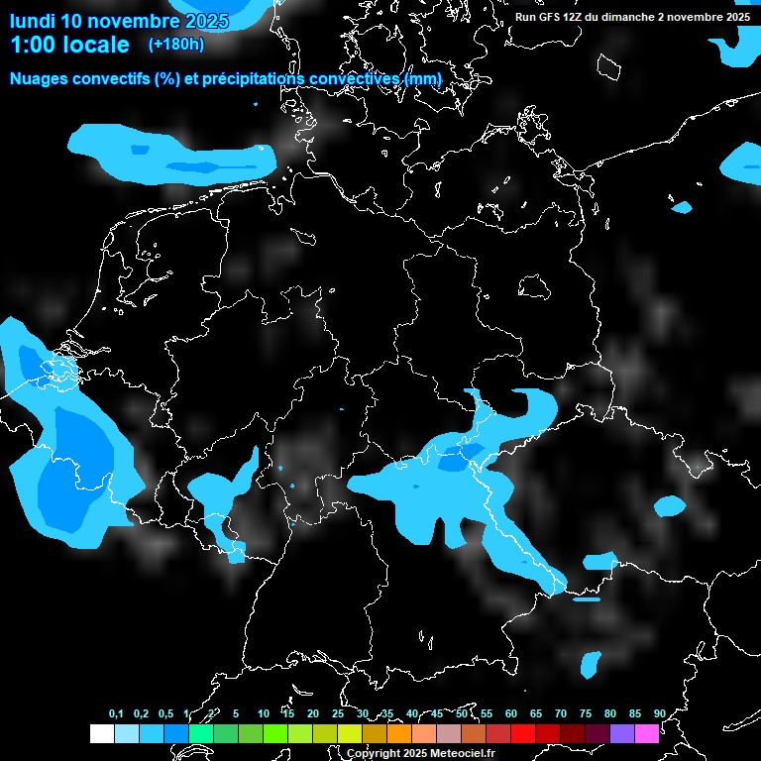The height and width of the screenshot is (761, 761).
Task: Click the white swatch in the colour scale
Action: (x=101, y=733)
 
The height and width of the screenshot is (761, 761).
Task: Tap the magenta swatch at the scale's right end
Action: (x=646, y=733)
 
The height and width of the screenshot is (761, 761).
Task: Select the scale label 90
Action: (x=660, y=713)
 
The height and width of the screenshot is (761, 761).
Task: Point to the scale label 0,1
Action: (x=116, y=713)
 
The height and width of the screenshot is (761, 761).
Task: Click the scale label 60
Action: (x=511, y=713)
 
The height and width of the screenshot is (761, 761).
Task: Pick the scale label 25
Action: (x=338, y=713)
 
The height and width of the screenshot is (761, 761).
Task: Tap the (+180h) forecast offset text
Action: (x=176, y=44)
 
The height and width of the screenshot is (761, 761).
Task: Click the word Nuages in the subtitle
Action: (x=42, y=78)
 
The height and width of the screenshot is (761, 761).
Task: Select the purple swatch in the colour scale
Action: (x=621, y=733)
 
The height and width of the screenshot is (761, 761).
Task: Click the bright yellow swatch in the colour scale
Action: (x=349, y=733)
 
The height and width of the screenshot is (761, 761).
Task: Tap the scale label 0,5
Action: (x=165, y=713)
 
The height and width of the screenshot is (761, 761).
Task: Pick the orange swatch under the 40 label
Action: (x=398, y=733)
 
